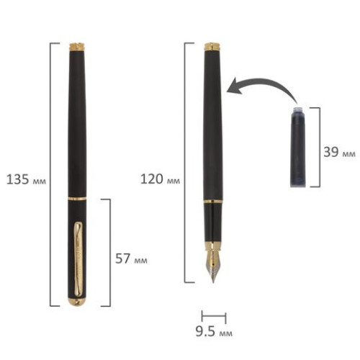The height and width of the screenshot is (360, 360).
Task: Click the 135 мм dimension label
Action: [26, 179]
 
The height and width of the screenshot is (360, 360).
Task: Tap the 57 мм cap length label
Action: [131, 258]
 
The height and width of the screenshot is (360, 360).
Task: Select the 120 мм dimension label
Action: [160, 179]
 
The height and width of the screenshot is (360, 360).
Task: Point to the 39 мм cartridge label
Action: [339, 152]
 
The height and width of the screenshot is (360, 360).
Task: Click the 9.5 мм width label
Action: [214, 331]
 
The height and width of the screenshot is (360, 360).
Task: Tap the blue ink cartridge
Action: [298, 146]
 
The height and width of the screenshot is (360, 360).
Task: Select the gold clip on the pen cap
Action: [78, 257]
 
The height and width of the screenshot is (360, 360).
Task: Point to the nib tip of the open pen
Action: [213, 282]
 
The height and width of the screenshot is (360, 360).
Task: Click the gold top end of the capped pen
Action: [77, 47]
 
